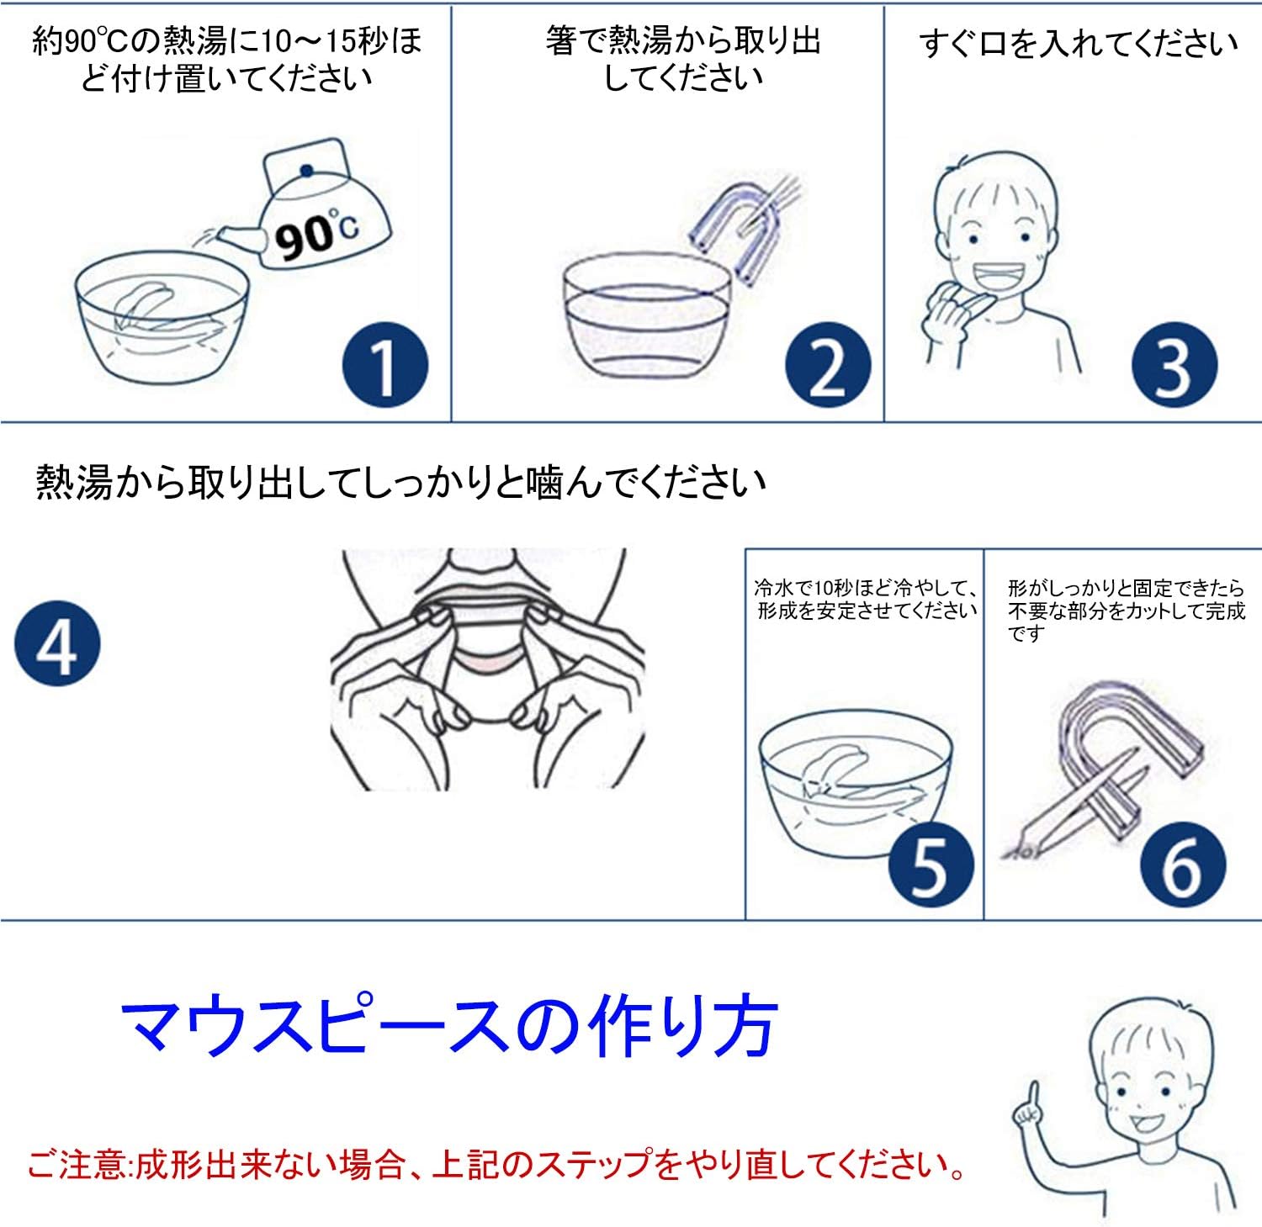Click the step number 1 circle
point(384,366)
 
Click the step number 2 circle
point(828,366)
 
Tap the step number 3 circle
point(1175,366)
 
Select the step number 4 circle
point(57,643)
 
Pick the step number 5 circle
point(931,865)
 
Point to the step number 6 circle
point(1183,865)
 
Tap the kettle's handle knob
point(307,171)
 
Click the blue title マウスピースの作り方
point(449,1027)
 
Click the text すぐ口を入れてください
point(1079,43)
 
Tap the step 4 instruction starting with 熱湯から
point(400,483)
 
